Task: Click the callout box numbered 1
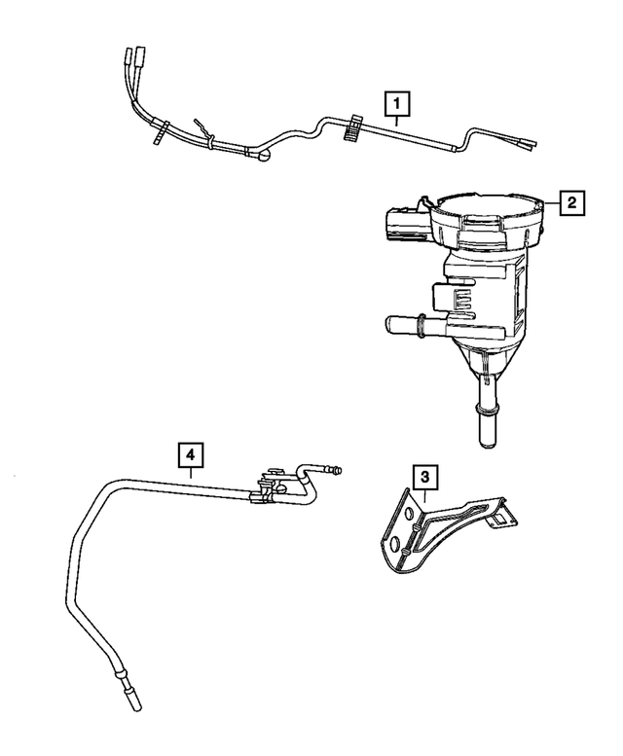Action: [x=397, y=101]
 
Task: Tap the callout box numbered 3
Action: [x=423, y=477]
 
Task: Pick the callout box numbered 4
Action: [x=191, y=453]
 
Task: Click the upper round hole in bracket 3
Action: [x=409, y=510]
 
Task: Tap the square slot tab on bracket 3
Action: [x=498, y=522]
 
